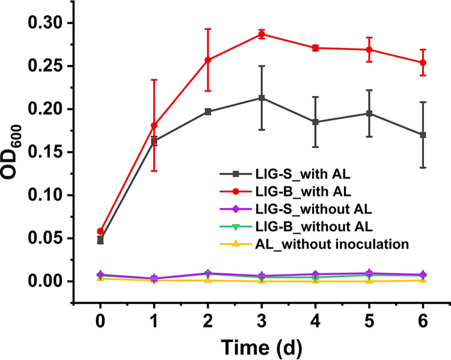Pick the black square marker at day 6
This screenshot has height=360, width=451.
423,135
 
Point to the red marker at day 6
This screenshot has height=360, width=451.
423,63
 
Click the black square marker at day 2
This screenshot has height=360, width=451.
208,111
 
